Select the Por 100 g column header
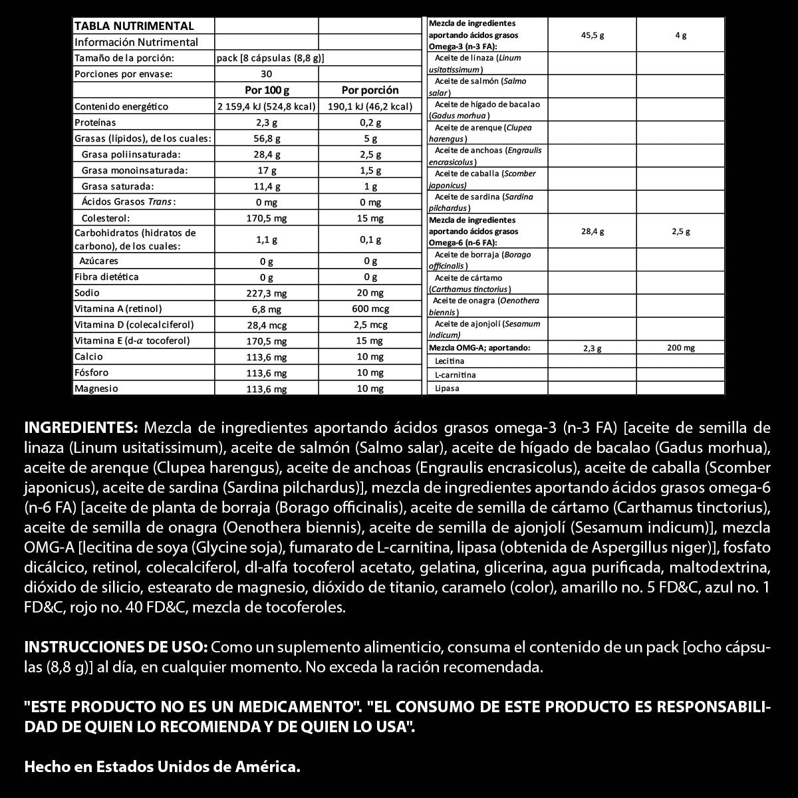(x=267, y=90)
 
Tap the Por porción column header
(x=370, y=90)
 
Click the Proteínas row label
(x=95, y=122)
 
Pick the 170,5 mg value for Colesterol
(x=267, y=218)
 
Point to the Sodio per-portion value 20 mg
(x=370, y=293)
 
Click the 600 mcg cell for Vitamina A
(x=370, y=309)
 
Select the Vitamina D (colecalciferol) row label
(x=134, y=325)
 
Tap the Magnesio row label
(x=96, y=388)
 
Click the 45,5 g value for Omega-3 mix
(x=592, y=35)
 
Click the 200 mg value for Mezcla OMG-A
(x=680, y=348)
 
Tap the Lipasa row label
(x=447, y=388)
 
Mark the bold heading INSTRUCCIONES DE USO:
(x=116, y=647)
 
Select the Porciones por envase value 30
(x=267, y=74)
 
